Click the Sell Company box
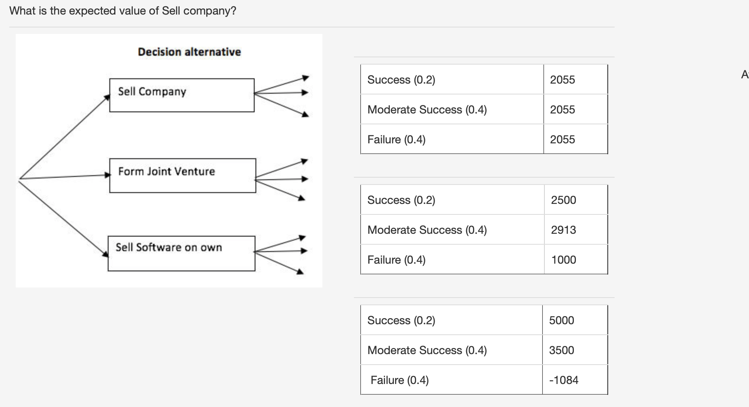click(182, 95)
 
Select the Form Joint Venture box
click(182, 175)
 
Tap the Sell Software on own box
click(181, 253)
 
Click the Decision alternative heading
click(189, 52)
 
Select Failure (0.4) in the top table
click(396, 139)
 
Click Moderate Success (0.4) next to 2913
click(427, 230)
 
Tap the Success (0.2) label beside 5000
click(401, 320)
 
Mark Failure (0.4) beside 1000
click(396, 260)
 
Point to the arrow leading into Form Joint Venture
click(65, 176)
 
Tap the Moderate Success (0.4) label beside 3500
click(427, 350)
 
